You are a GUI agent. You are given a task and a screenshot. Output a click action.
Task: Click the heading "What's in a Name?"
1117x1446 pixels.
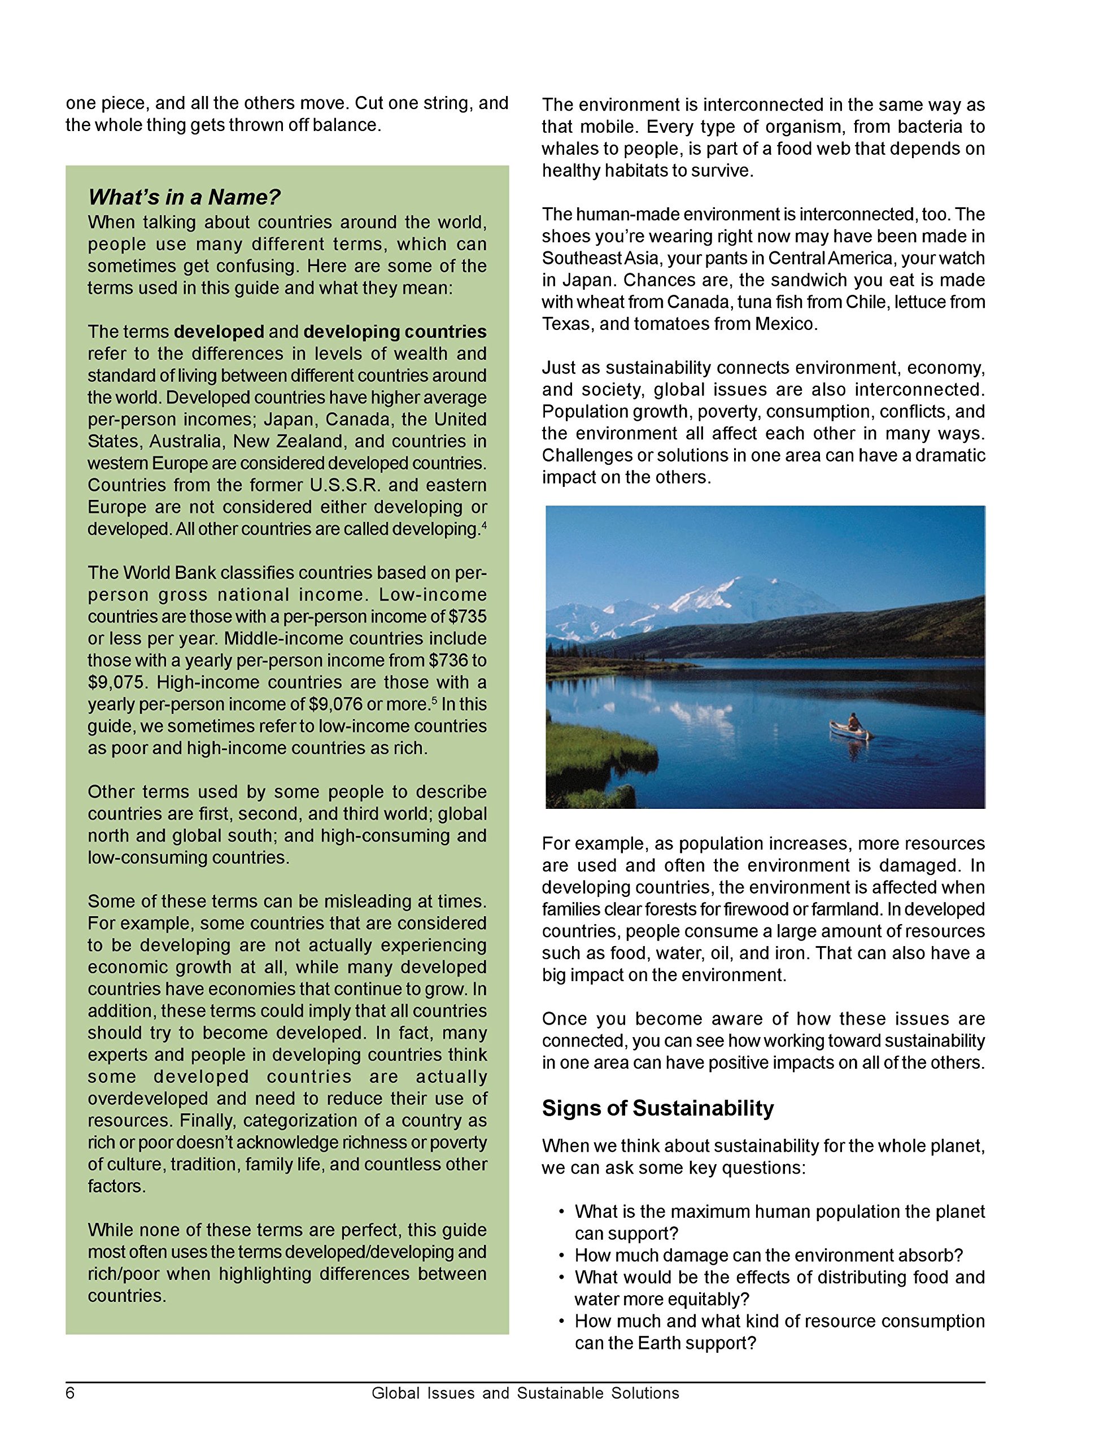pyautogui.click(x=184, y=197)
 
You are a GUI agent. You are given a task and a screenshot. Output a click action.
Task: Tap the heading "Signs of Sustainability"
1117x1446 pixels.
pyautogui.click(x=657, y=1108)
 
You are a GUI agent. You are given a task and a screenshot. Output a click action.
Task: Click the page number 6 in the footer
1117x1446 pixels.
pyautogui.click(x=70, y=1393)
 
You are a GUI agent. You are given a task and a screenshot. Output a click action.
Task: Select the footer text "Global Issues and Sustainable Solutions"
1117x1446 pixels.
pyautogui.click(x=525, y=1393)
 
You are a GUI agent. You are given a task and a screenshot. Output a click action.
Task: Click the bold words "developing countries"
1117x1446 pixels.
pyautogui.click(x=395, y=332)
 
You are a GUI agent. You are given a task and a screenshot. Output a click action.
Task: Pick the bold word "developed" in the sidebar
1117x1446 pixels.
pyautogui.click(x=219, y=332)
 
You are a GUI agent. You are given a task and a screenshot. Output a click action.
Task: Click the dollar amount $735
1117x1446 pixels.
pyautogui.click(x=468, y=616)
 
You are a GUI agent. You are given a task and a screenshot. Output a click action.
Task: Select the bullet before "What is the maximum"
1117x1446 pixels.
pyautogui.click(x=561, y=1212)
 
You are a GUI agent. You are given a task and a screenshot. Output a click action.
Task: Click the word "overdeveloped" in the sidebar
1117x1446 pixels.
pyautogui.click(x=149, y=1099)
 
